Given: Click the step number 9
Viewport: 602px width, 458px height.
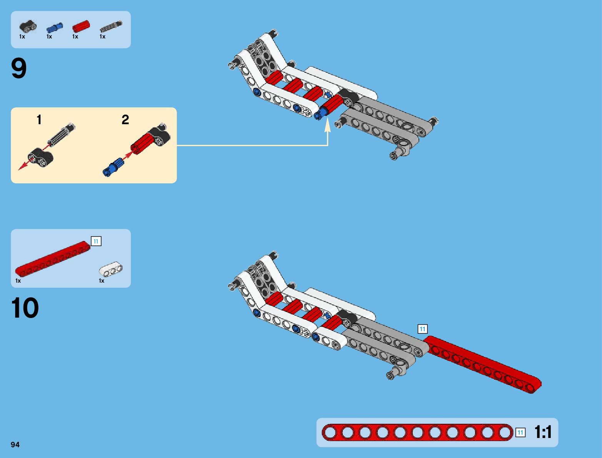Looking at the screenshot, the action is (19, 69).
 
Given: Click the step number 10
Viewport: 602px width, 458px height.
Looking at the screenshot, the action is (25, 308).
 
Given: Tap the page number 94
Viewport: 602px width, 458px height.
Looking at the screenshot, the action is (15, 445).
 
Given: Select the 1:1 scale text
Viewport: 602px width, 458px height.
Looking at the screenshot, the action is (543, 432).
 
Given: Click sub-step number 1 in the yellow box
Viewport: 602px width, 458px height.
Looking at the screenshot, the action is (39, 120).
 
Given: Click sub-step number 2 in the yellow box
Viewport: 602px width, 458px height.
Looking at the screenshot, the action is (125, 120).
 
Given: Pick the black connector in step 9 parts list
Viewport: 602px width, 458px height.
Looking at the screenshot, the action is (28, 27).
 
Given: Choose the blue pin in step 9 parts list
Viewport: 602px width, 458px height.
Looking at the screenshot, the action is (54, 27).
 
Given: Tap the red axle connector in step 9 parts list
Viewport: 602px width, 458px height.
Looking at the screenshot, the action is (81, 27).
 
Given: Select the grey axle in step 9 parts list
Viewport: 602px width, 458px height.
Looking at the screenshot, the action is (111, 26).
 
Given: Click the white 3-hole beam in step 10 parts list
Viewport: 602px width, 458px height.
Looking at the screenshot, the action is (111, 270).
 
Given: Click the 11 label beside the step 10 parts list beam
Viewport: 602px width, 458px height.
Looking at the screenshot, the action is (96, 241).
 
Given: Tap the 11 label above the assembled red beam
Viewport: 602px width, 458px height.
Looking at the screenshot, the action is (422, 329).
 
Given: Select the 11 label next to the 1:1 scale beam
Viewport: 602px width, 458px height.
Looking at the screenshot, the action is (520, 433).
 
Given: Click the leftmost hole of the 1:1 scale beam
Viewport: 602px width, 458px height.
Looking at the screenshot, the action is (330, 433).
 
